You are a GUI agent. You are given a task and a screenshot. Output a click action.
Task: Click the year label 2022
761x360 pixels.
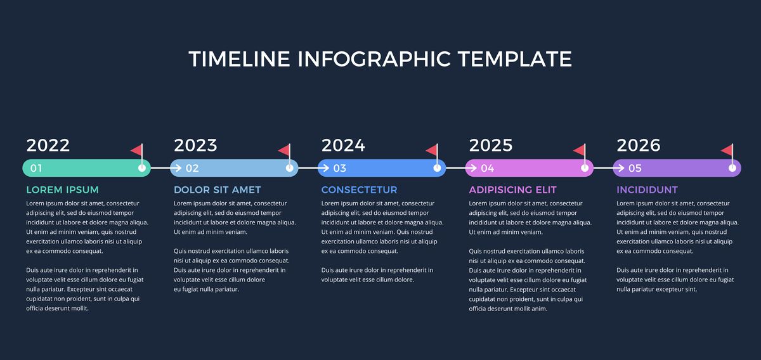click(48, 145)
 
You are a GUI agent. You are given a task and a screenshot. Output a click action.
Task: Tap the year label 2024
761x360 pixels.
click(343, 145)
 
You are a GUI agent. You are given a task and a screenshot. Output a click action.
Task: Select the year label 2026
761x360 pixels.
click(639, 145)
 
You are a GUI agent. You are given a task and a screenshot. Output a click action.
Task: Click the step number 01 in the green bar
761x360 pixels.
click(36, 168)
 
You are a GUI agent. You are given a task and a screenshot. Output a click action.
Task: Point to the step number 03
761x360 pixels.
click(340, 168)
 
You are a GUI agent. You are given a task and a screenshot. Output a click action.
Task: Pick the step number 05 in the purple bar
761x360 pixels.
click(635, 168)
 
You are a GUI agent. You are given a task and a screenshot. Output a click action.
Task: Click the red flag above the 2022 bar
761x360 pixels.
click(136, 150)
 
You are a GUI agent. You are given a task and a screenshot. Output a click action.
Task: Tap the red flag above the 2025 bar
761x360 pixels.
click(579, 150)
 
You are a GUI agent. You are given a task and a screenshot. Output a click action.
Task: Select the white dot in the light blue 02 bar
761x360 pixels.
click(289, 168)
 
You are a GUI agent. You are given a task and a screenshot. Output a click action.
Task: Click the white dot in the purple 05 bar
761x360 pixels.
click(732, 168)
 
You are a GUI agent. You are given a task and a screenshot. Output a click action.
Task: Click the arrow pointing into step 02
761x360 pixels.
click(166, 168)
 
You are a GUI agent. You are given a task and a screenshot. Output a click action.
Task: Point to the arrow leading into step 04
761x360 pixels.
click(462, 168)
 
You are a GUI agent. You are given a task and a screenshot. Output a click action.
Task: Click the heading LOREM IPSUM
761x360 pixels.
click(63, 190)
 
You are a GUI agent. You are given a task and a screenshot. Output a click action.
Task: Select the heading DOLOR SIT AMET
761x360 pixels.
click(218, 190)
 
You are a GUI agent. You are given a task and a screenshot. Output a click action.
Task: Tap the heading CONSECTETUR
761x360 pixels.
click(359, 190)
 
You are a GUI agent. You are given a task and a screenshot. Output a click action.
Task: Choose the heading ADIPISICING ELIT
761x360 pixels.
click(512, 190)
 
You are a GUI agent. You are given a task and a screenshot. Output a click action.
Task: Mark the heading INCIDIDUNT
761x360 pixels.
click(647, 190)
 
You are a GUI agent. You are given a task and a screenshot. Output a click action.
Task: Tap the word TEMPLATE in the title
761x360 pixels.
click(515, 59)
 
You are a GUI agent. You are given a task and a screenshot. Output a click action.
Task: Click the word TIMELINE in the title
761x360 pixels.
click(240, 59)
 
